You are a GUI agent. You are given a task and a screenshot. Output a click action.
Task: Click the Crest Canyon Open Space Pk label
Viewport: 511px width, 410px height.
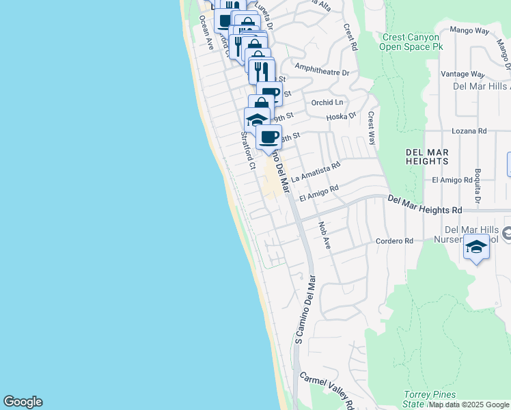(412, 42)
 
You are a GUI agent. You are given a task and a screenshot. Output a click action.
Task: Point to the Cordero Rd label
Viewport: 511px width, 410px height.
(395, 241)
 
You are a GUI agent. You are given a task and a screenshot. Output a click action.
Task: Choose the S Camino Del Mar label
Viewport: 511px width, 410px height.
(305, 309)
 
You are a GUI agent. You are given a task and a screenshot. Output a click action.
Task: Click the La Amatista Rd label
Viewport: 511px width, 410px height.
(315, 172)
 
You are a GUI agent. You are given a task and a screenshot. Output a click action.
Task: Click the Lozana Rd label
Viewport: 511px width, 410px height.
(469, 131)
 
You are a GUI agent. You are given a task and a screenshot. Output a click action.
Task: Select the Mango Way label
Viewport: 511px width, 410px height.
(470, 31)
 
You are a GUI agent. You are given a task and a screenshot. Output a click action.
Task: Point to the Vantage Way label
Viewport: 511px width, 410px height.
(463, 74)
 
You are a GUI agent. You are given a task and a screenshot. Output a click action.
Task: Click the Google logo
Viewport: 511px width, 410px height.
(23, 402)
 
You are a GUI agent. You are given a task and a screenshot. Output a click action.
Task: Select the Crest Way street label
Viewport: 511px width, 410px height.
(372, 128)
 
